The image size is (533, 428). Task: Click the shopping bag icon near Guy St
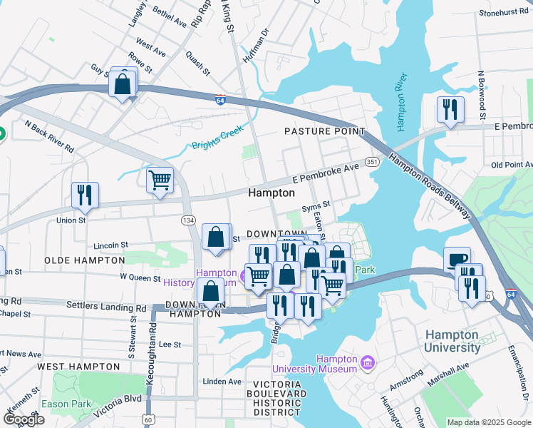(123, 83)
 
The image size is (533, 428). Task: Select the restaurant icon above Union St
(85, 195)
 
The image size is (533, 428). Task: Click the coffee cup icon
(457, 260)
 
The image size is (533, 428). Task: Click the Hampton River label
(401, 101)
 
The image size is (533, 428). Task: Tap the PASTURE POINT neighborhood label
(324, 131)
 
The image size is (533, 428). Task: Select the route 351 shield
(372, 162)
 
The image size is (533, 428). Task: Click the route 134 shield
(188, 220)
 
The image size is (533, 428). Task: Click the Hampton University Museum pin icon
(368, 364)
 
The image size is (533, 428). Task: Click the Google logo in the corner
(24, 419)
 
